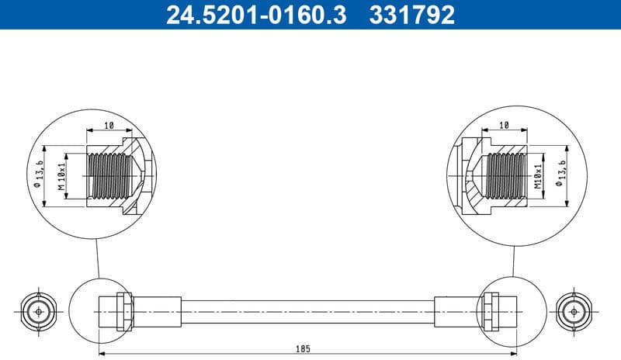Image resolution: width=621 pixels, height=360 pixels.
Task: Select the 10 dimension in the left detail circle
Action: pos(109,125)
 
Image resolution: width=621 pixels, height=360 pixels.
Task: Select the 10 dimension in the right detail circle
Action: pos(504,125)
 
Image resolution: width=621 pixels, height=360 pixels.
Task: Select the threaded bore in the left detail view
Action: pos(106,175)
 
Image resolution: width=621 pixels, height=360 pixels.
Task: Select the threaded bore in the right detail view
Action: pos(506,175)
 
